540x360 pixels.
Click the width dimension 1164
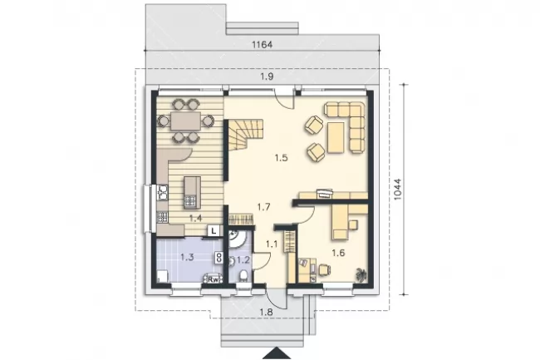coord(263,44)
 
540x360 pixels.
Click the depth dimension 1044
coord(397,189)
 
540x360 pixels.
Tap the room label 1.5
coord(281,158)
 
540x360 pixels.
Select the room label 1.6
coord(338,254)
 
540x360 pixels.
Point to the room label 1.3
coord(188,257)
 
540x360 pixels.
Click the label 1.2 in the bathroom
coord(243,259)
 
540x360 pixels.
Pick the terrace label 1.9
coord(267,76)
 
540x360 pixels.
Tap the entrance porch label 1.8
coord(266,312)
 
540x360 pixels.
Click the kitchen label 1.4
coord(195,218)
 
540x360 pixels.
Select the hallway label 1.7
coord(264,207)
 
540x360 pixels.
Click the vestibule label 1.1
coord(272,244)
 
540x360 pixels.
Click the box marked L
coord(214,231)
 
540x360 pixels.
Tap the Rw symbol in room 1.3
coord(214,279)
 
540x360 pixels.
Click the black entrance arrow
coord(277,354)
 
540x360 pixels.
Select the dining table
coord(185,121)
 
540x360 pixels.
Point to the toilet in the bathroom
coord(243,275)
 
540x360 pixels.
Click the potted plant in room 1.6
coord(361,274)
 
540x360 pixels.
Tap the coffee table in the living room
coord(336,138)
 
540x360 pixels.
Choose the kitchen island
coord(192,193)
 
